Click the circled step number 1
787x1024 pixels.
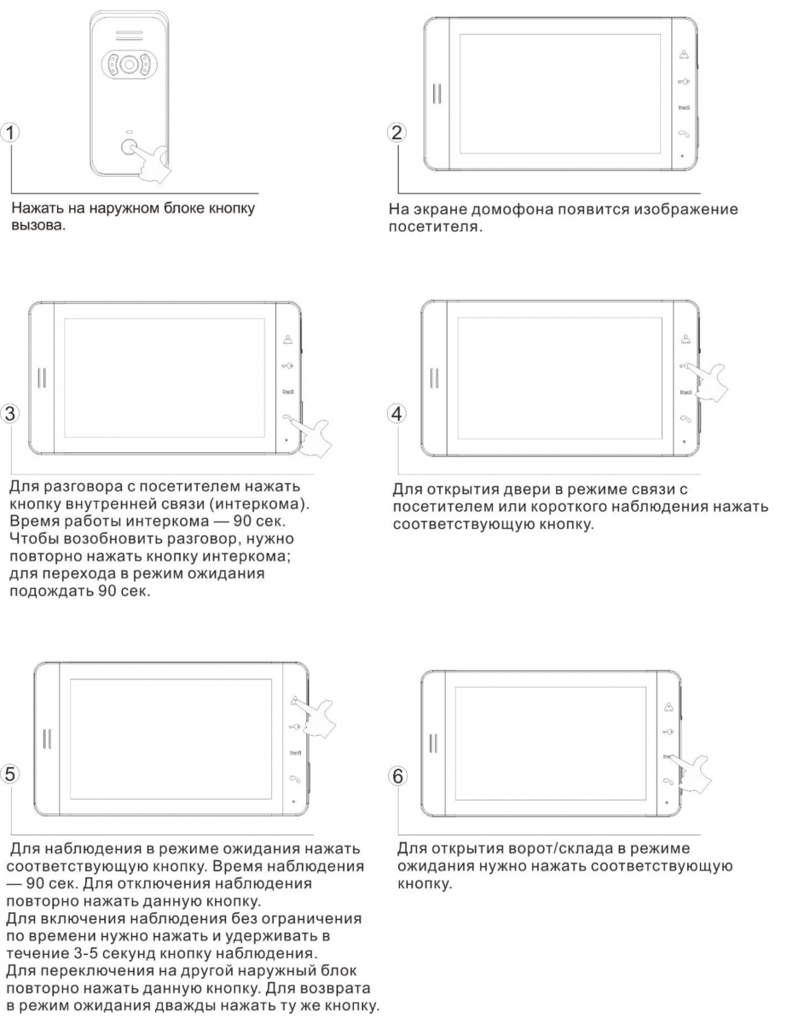[x=9, y=132]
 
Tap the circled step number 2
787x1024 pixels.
[x=396, y=132]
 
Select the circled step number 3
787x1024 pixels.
[x=9, y=413]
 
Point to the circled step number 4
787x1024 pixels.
[x=396, y=413]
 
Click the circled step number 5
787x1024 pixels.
[x=9, y=774]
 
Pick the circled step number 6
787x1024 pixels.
[x=397, y=777]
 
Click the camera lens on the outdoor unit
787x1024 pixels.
[x=128, y=63]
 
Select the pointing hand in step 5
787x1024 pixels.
[x=316, y=717]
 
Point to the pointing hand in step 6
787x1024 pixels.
[x=692, y=773]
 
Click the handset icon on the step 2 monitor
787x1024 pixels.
[x=684, y=133]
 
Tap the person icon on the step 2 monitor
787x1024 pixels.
[x=684, y=55]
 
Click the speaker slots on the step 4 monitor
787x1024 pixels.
[x=435, y=378]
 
